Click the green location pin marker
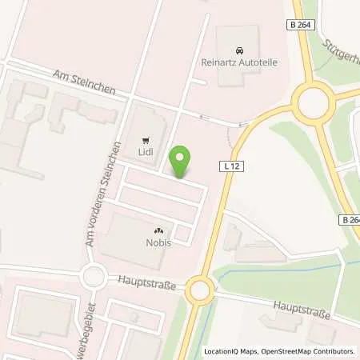tap(182, 162)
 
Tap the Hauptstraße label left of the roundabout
tap(148, 282)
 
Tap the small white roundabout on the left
tap(94, 278)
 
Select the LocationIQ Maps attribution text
tap(231, 351)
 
